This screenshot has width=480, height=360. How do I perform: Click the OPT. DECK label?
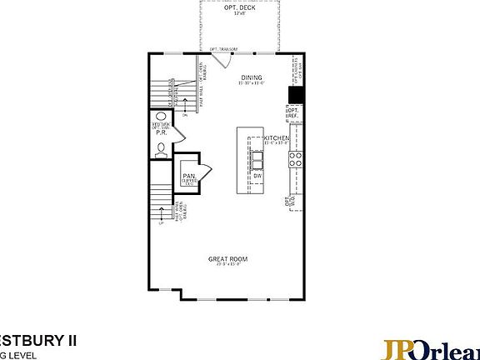click(240, 7)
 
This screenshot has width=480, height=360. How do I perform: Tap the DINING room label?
click(252, 77)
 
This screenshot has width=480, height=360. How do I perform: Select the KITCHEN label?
click(277, 137)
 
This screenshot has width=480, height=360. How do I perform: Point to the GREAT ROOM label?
click(227, 258)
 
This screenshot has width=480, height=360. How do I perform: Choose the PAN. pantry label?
click(189, 175)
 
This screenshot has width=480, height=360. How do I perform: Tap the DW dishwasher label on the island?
click(257, 176)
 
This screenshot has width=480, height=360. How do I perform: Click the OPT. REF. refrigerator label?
click(293, 112)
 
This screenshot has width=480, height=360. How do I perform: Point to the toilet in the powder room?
click(160, 149)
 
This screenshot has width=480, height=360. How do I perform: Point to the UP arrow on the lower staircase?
click(162, 222)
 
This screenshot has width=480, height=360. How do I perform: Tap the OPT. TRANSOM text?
click(224, 49)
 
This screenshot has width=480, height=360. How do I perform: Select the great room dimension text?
click(227, 265)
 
